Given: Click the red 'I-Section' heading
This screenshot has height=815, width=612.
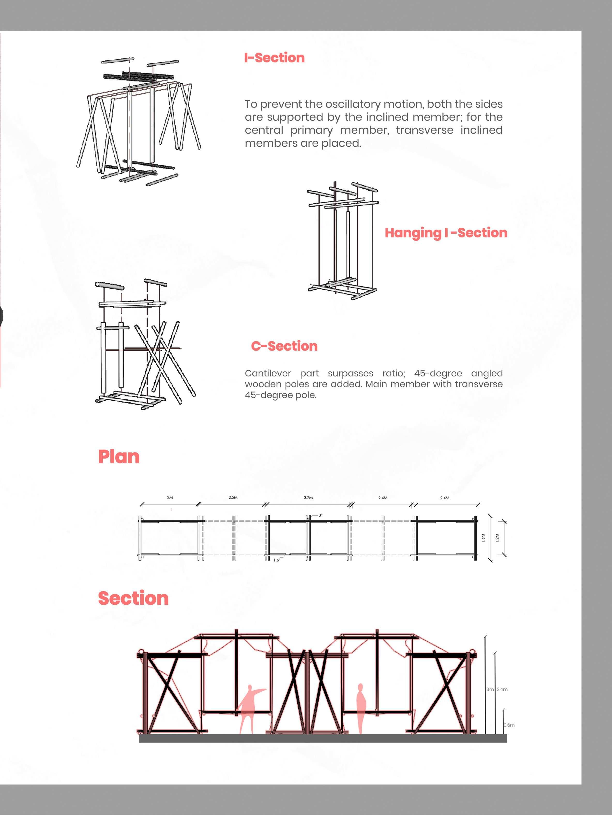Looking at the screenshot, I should [x=274, y=58].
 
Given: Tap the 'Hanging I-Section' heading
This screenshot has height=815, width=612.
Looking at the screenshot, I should [x=446, y=233].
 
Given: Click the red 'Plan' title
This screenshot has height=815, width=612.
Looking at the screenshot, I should [x=119, y=457].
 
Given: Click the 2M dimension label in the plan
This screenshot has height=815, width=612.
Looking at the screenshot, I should [x=170, y=497].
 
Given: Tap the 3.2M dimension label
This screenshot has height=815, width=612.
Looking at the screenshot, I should [x=308, y=497].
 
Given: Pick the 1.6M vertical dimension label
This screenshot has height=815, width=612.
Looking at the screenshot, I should [x=483, y=538].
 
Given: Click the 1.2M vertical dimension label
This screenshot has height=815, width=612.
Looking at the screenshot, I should [x=497, y=538].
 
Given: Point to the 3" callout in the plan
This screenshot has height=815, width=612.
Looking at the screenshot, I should [x=320, y=515].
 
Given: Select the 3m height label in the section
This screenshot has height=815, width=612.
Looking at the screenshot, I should [x=490, y=689].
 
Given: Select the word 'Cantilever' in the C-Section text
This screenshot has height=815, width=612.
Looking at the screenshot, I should [x=268, y=373].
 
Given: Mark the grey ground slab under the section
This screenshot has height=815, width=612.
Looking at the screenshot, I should [x=323, y=738].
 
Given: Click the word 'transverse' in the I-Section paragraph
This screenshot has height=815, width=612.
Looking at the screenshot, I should [x=425, y=130].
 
